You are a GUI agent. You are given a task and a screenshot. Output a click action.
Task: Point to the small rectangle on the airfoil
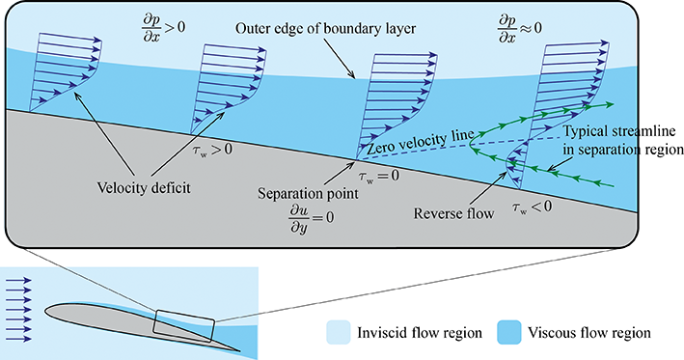[182, 325]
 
